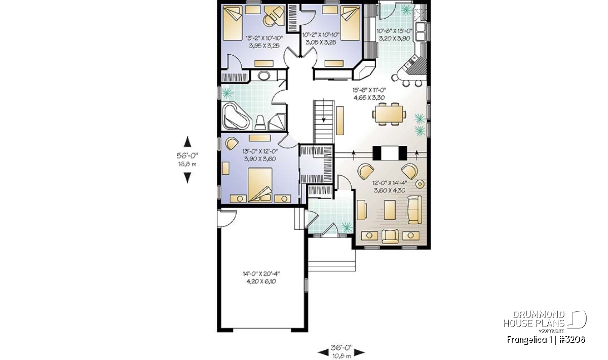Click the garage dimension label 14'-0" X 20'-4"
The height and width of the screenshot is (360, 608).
pos(261,274)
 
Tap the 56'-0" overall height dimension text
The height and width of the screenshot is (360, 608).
pos(187,156)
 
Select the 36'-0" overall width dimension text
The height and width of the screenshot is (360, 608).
pos(341,347)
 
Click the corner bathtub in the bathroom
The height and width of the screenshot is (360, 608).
pos(236,116)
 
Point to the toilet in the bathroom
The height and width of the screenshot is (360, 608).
pos(260,123)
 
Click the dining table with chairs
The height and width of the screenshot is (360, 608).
pos(389,114)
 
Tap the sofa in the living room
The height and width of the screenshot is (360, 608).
pos(415,210)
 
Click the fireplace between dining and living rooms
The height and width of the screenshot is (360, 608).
pos(390,153)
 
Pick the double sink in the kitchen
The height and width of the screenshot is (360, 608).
pos(421,32)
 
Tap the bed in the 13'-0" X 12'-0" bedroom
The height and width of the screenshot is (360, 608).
pos(260,185)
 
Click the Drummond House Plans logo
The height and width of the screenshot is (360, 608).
pos(545,321)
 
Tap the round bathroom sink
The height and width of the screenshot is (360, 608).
pos(263,75)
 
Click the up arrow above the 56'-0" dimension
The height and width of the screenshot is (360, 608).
pos(187,142)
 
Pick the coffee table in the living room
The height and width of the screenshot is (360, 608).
pos(390,210)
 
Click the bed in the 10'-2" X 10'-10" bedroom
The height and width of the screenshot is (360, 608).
pos(351,24)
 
